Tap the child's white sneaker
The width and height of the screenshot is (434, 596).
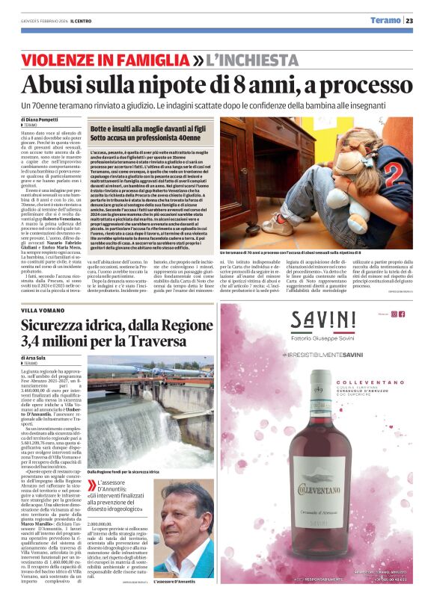coord(273,223)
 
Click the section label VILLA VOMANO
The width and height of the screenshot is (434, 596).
coord(43,309)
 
